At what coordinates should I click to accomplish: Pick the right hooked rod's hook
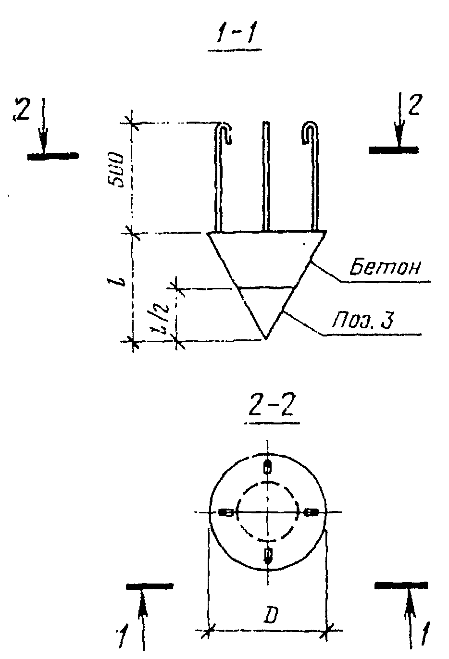pyautogui.click(x=309, y=132)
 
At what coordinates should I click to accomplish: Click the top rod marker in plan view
pyautogui.click(x=268, y=466)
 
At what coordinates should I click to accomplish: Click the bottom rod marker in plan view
pyautogui.click(x=268, y=556)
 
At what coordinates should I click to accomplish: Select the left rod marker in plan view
pyautogui.click(x=225, y=512)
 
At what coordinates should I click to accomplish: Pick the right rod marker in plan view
pyautogui.click(x=311, y=512)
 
